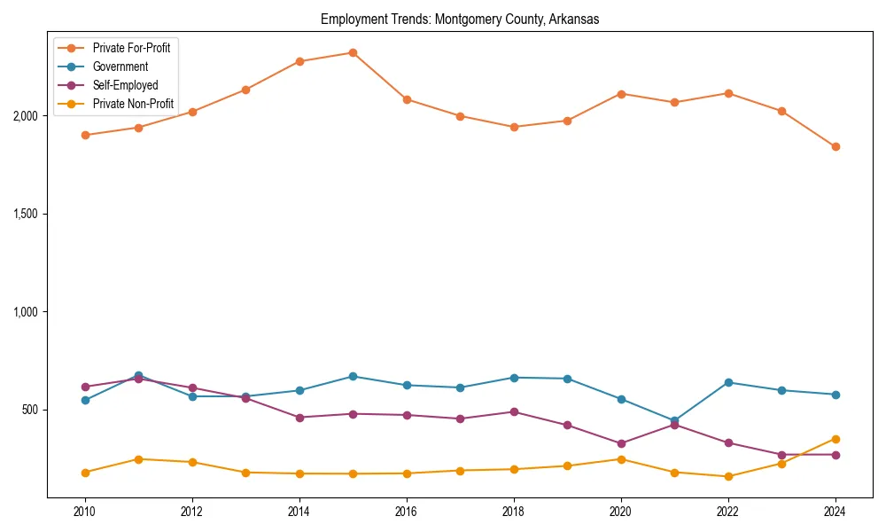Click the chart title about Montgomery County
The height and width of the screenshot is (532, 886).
click(460, 20)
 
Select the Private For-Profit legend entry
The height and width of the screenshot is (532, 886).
click(131, 48)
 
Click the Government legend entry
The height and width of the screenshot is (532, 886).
click(120, 66)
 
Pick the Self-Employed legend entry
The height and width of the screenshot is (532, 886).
click(125, 86)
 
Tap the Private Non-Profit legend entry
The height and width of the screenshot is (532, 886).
click(133, 105)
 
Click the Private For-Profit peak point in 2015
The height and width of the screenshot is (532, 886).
click(353, 52)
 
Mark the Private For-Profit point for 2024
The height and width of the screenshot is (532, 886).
click(835, 146)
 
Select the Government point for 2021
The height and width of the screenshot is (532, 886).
click(674, 420)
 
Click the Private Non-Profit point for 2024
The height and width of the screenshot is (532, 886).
click(835, 439)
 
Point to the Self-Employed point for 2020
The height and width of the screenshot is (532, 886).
click(621, 443)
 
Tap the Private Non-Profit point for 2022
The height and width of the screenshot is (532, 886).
click(728, 476)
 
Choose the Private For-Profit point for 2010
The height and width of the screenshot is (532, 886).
click(85, 135)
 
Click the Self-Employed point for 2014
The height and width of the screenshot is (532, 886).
click(299, 418)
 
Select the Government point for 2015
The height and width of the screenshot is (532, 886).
click(353, 376)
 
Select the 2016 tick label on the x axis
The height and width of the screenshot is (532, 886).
click(407, 512)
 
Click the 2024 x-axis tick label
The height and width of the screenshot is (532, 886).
click(835, 512)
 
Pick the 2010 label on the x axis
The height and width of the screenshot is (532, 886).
click(85, 512)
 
